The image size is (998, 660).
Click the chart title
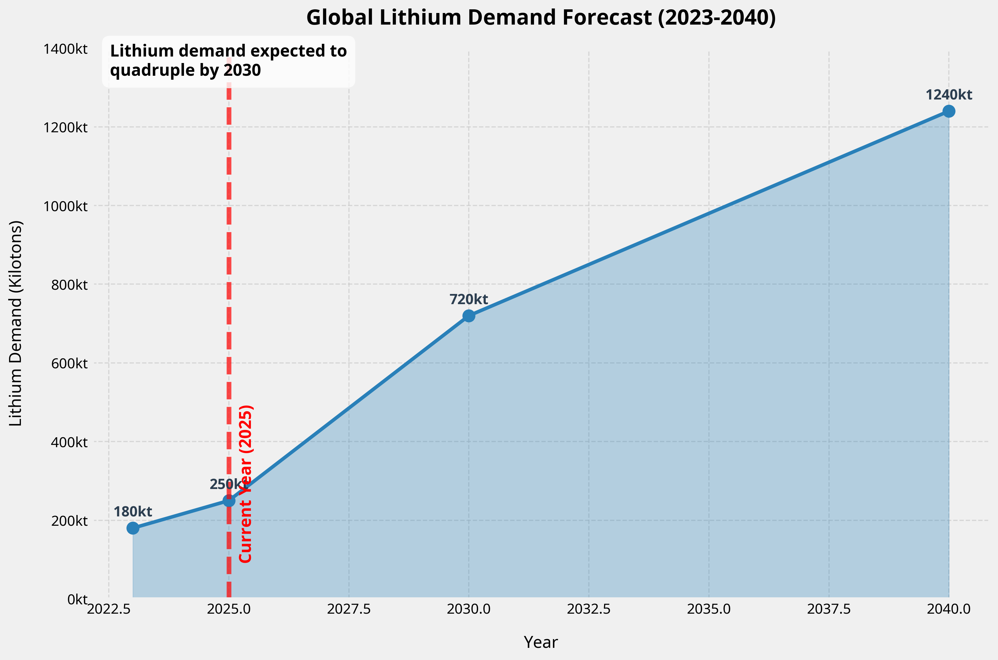pyautogui.click(x=541, y=18)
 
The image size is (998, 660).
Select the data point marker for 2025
pyautogui.click(x=229, y=501)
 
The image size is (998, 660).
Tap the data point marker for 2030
pyautogui.click(x=469, y=316)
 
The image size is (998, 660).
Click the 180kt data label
pyautogui.click(x=133, y=512)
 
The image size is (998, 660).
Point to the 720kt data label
pyautogui.click(x=469, y=300)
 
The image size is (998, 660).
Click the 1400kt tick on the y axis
pyautogui.click(x=66, y=49)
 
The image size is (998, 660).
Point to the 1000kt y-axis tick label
pyautogui.click(x=66, y=206)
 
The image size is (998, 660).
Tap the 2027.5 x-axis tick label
pyautogui.click(x=349, y=609)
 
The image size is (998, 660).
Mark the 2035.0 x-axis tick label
pyautogui.click(x=709, y=609)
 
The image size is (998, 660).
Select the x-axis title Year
pyautogui.click(x=541, y=642)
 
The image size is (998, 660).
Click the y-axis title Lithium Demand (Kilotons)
pyautogui.click(x=16, y=323)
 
